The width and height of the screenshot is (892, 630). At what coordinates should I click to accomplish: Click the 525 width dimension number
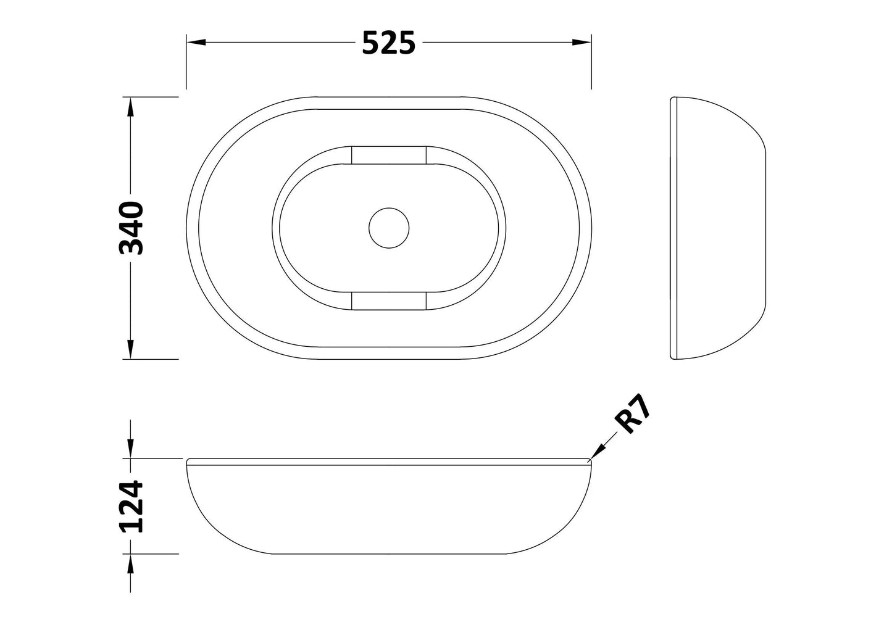pos(388,43)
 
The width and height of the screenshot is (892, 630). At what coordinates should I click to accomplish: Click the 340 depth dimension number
pos(131,228)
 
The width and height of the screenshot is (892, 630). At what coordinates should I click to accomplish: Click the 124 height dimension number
pos(131,507)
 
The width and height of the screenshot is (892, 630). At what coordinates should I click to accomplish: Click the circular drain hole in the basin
pos(389,228)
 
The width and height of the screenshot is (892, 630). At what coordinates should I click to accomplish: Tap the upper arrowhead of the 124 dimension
pos(130,450)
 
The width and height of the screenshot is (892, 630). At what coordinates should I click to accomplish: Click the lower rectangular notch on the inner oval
pos(389,300)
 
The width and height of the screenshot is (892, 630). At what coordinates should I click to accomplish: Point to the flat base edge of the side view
pos(765,228)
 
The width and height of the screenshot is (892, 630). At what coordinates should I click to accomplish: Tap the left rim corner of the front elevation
pos(188,460)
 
